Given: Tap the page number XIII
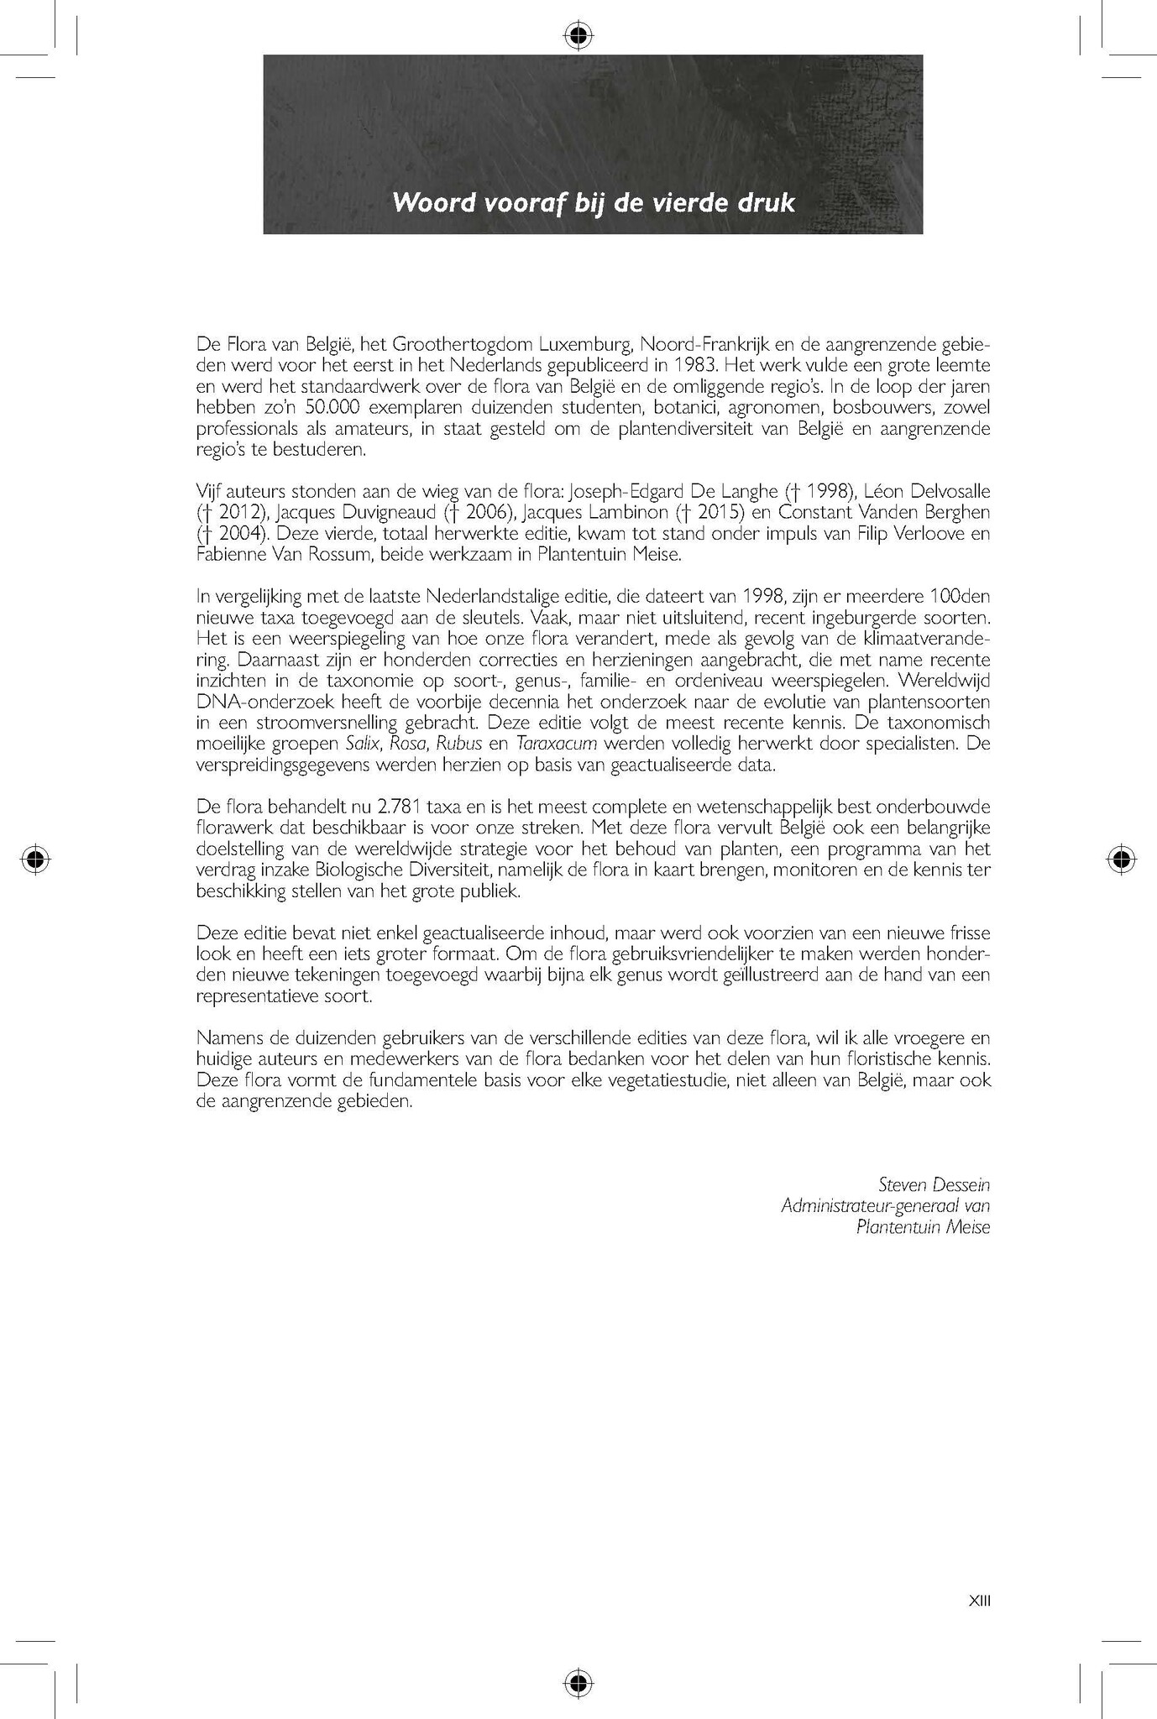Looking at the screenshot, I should (x=980, y=1601).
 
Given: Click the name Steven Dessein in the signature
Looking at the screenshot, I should (x=934, y=1184).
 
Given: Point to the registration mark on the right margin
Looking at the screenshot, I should (x=1120, y=859).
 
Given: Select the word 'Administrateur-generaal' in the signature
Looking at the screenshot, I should (x=872, y=1205).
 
